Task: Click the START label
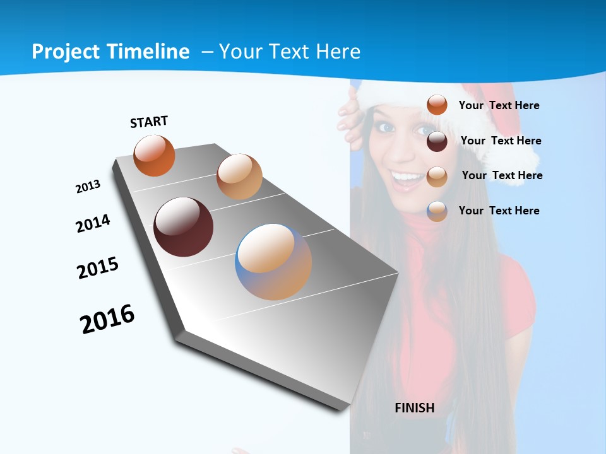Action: (x=149, y=121)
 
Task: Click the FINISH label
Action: (x=414, y=408)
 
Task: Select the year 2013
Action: (x=88, y=187)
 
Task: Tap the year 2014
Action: (x=93, y=223)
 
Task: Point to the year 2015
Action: (x=97, y=268)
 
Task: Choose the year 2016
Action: (x=107, y=319)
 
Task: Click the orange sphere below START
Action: (x=154, y=156)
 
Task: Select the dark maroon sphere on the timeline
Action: (x=183, y=227)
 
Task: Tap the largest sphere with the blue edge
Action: (x=273, y=262)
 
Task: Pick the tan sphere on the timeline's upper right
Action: (x=239, y=177)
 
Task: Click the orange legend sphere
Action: (x=437, y=105)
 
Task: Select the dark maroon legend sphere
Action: (x=437, y=141)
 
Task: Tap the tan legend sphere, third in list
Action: (x=437, y=177)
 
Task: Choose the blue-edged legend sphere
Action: (x=437, y=211)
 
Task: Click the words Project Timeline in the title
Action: (x=110, y=52)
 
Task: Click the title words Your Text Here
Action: (x=289, y=52)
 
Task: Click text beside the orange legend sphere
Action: (x=499, y=105)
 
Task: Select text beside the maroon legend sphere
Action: (x=501, y=141)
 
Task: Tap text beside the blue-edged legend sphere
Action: (x=499, y=211)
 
